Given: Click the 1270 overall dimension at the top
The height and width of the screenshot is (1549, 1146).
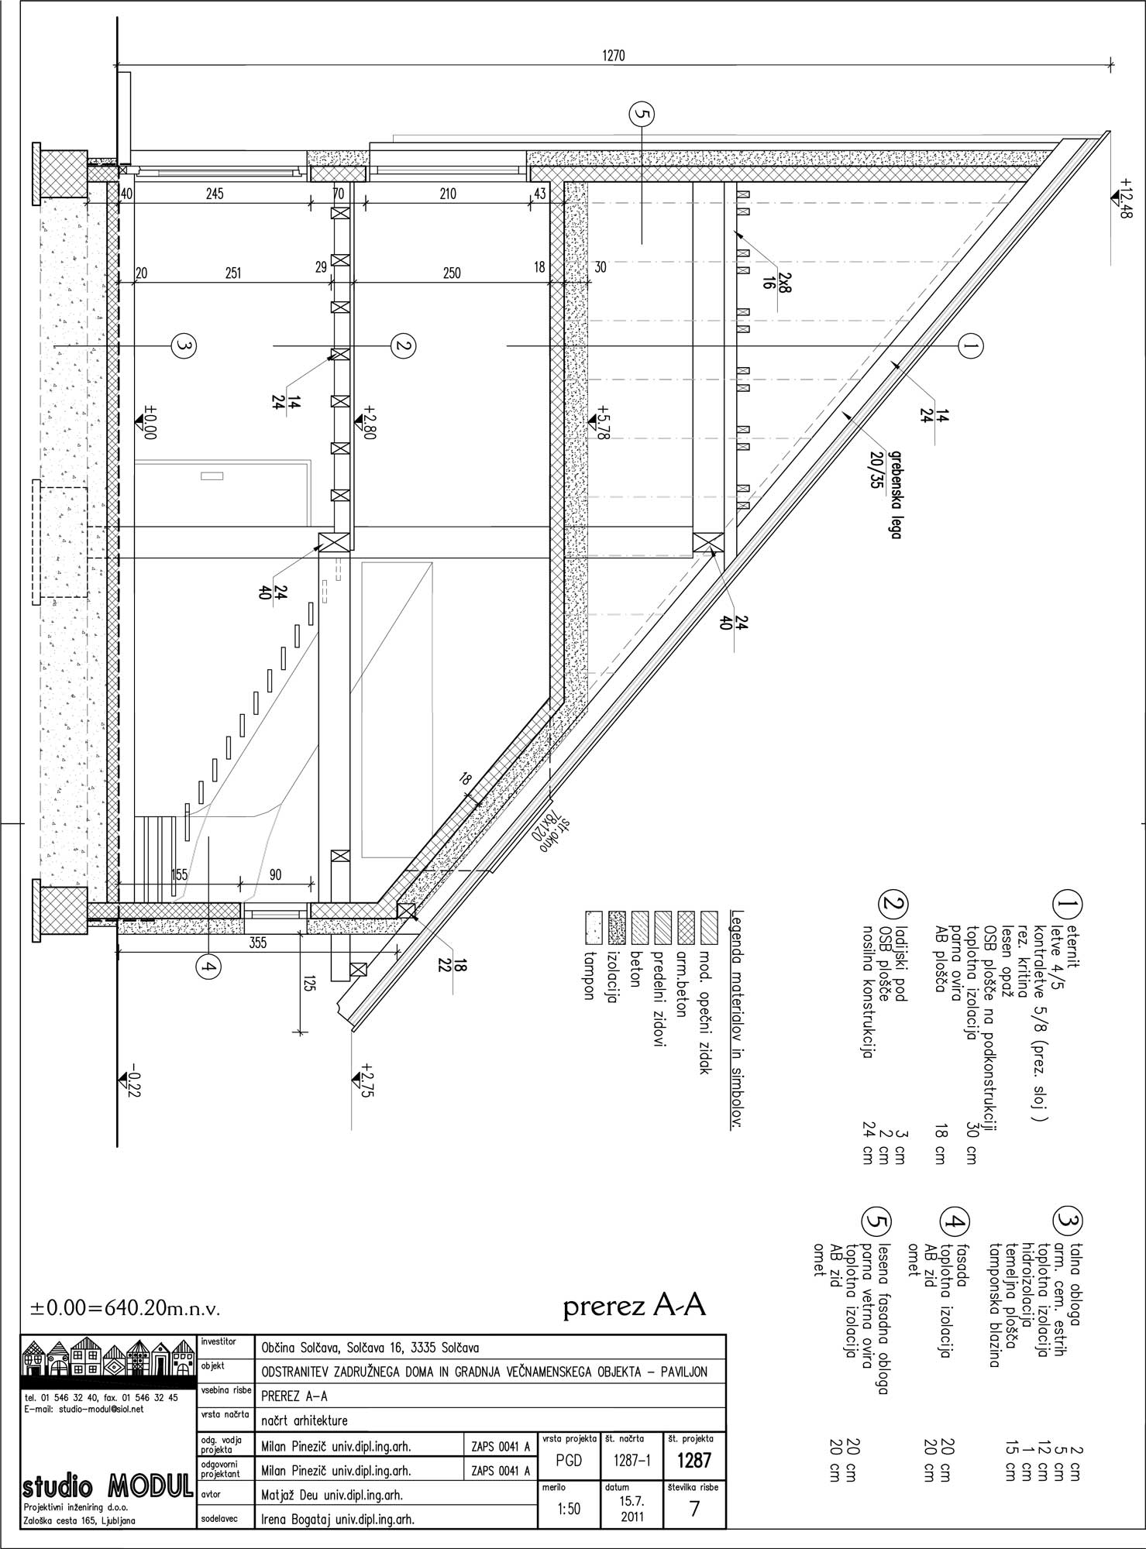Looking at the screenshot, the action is (613, 55).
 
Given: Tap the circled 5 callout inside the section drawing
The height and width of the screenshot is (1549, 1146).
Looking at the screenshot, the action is (642, 115).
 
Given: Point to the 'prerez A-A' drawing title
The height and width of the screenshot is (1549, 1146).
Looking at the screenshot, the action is (635, 1307).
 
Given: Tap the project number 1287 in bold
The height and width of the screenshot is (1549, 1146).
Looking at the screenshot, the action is (693, 1461).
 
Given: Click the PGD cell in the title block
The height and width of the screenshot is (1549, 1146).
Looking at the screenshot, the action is (569, 1461).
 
